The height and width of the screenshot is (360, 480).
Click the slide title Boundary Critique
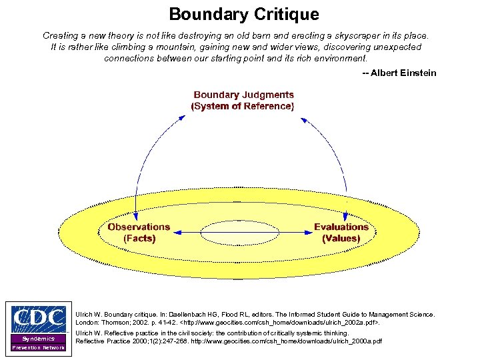pos(243,14)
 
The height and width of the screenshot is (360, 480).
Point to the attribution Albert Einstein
pos(399,73)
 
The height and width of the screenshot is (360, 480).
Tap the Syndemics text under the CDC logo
pos(38,339)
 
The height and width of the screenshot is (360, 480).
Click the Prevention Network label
pos(38,348)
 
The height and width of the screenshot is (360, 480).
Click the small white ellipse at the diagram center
pos(240,233)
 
